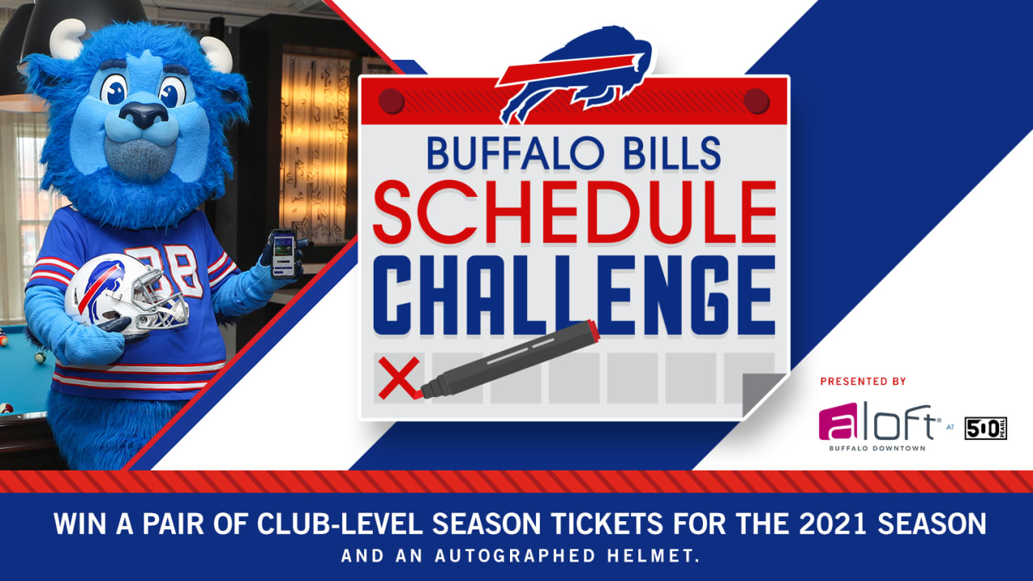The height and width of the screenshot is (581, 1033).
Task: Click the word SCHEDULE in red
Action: coord(575,212)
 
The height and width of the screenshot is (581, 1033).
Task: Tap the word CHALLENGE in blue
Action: coord(575,295)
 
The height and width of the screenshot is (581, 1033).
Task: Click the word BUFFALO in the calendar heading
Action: coord(515,153)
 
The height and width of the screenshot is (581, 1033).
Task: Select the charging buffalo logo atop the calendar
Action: coord(575,73)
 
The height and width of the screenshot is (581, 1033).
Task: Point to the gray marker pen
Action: coord(509,360)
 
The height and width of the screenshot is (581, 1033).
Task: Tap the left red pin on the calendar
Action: coord(391,101)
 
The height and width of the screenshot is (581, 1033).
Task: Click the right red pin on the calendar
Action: coord(756,101)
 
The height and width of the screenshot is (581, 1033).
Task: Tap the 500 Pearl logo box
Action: coord(985,428)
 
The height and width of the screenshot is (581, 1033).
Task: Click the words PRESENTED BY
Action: coord(863,382)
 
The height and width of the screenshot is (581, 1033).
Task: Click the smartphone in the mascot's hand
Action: coord(283,253)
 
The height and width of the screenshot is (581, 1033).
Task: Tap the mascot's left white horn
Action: coord(67,39)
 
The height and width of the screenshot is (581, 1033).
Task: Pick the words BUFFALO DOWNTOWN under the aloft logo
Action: coord(877,448)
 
